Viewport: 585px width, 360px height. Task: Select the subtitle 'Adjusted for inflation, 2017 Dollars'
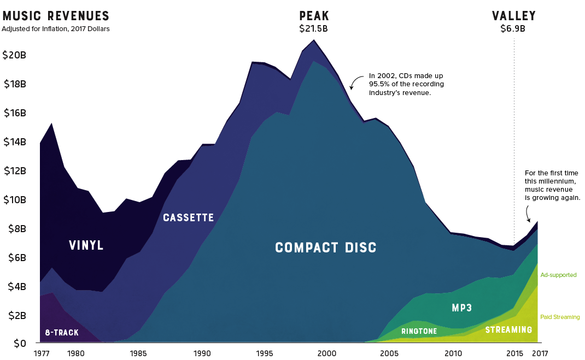56,29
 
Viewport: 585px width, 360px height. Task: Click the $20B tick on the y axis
14,55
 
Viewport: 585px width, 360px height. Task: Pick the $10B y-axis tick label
14,199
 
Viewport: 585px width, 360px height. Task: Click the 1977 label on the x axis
42,352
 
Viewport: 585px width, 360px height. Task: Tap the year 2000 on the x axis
327,352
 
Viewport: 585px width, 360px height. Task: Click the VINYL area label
86,245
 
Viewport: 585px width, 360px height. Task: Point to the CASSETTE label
189,217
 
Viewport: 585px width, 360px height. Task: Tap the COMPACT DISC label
326,247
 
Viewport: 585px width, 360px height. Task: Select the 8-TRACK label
62,332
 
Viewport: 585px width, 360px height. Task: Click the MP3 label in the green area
462,308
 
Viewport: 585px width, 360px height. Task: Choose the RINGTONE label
419,331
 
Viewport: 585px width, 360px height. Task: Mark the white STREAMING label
508,330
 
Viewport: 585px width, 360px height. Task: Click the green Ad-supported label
558,275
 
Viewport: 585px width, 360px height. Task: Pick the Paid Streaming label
560,317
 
